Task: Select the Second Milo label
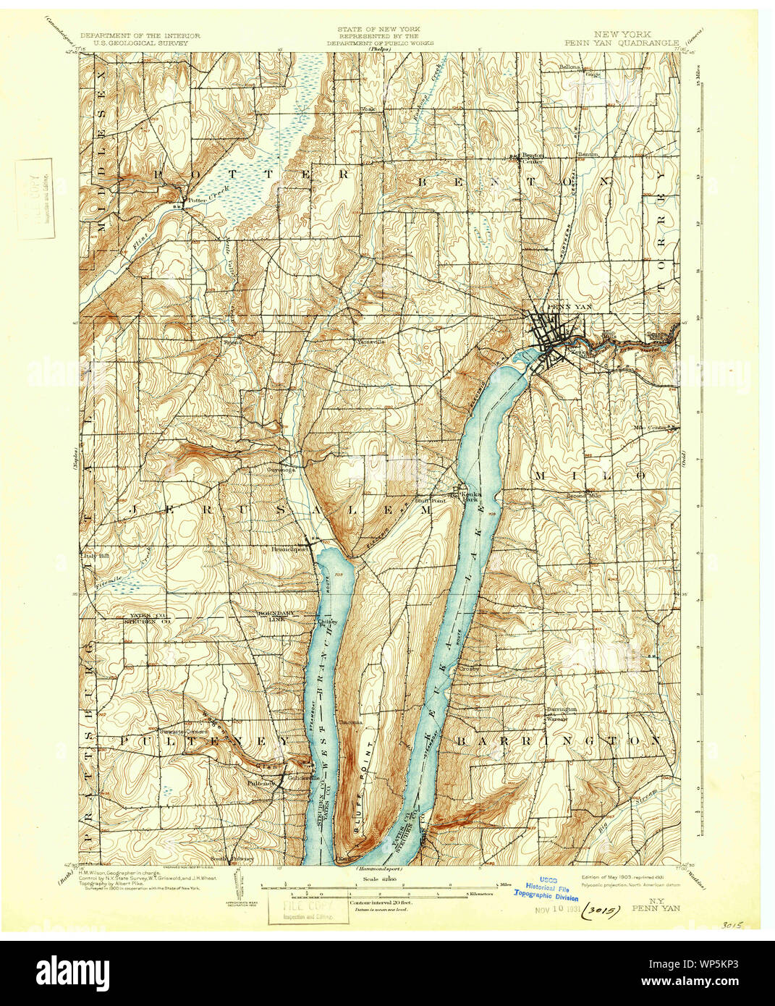click(583, 496)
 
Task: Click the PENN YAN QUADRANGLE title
click(622, 43)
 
